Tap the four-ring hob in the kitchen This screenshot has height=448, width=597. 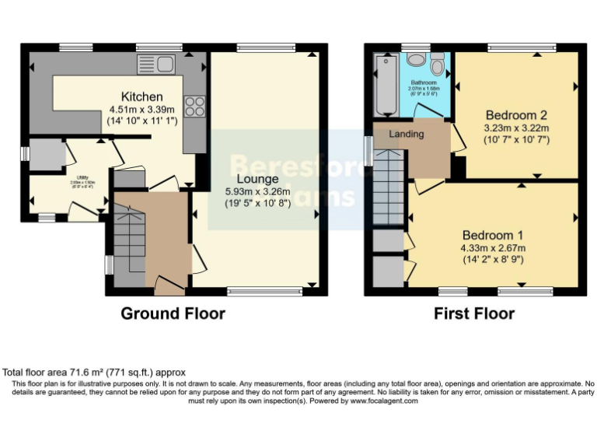tap(194, 107)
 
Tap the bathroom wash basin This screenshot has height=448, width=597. tap(416, 59)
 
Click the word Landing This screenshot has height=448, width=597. tap(407, 134)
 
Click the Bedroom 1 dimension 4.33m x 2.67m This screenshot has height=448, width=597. tap(494, 249)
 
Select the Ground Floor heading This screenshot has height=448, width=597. tap(173, 314)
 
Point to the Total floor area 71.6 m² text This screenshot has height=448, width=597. tap(94, 373)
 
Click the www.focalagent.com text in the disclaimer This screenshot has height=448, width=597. tap(383, 401)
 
